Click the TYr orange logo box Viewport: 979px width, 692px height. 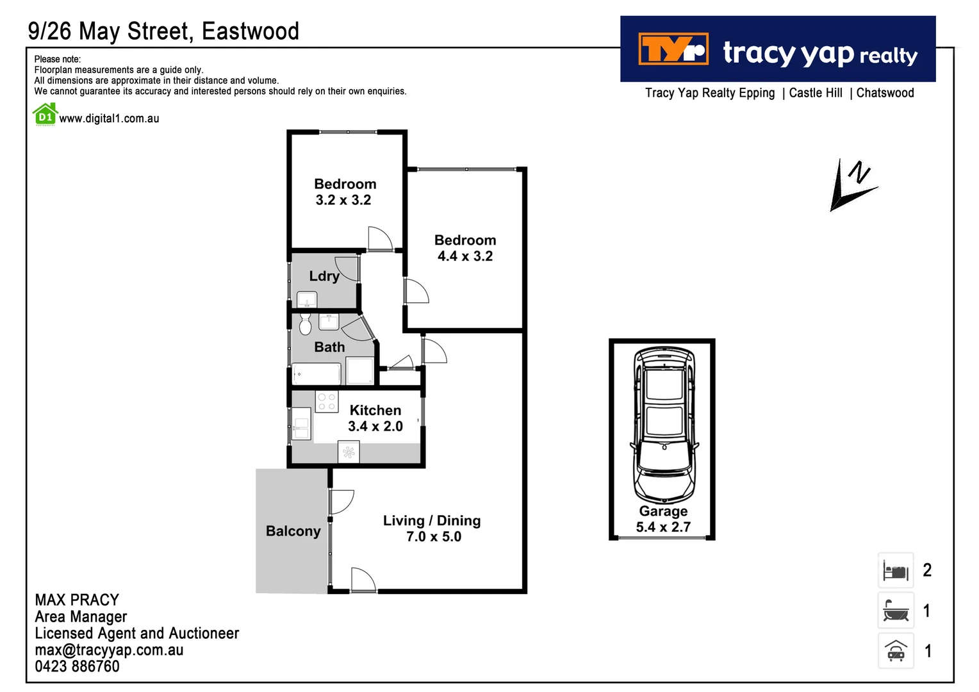pos(673,49)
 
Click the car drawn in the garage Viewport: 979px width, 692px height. pos(664,425)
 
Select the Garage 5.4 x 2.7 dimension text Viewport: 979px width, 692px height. pos(663,527)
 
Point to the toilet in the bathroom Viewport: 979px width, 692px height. pos(305,324)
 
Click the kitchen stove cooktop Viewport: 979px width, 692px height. pos(327,402)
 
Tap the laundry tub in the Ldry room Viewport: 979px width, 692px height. pos(307,300)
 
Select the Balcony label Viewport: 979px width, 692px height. pos(293,531)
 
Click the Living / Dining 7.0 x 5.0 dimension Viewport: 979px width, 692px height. pos(433,537)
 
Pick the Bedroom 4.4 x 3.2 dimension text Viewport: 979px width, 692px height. pos(465,256)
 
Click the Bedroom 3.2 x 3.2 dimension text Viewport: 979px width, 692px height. pos(343,200)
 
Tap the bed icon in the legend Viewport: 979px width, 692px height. pos(895,570)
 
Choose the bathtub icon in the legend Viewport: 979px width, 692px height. pos(895,611)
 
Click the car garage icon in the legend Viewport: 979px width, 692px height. pos(895,651)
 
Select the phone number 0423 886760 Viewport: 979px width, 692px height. pos(77,666)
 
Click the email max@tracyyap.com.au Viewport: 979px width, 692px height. pos(109,650)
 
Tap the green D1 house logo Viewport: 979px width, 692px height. pos(45,115)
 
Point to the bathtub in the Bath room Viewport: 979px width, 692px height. pos(317,374)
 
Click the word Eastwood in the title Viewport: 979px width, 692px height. pos(250,31)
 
